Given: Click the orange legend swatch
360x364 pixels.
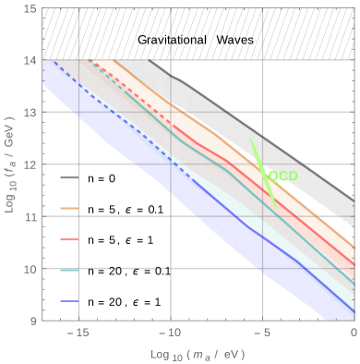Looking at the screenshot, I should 69,209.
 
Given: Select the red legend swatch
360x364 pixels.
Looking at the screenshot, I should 69,239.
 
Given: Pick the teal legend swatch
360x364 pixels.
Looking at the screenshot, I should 69,270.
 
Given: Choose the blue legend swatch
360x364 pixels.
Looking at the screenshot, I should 69,300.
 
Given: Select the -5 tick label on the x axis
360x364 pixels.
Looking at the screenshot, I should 262,333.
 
